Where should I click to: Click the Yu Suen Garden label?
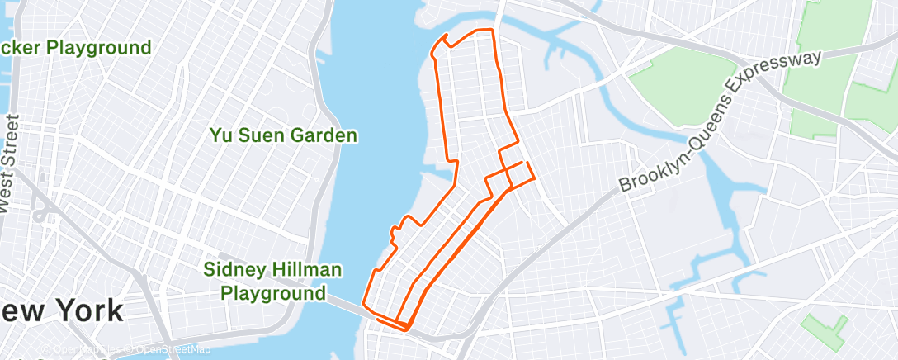[283, 135]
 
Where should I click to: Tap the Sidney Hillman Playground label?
[273, 281]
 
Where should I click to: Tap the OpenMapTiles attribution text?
[83, 350]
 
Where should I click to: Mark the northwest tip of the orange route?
[447, 36]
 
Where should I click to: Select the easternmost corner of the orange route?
[536, 176]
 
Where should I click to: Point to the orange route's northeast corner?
[494, 31]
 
